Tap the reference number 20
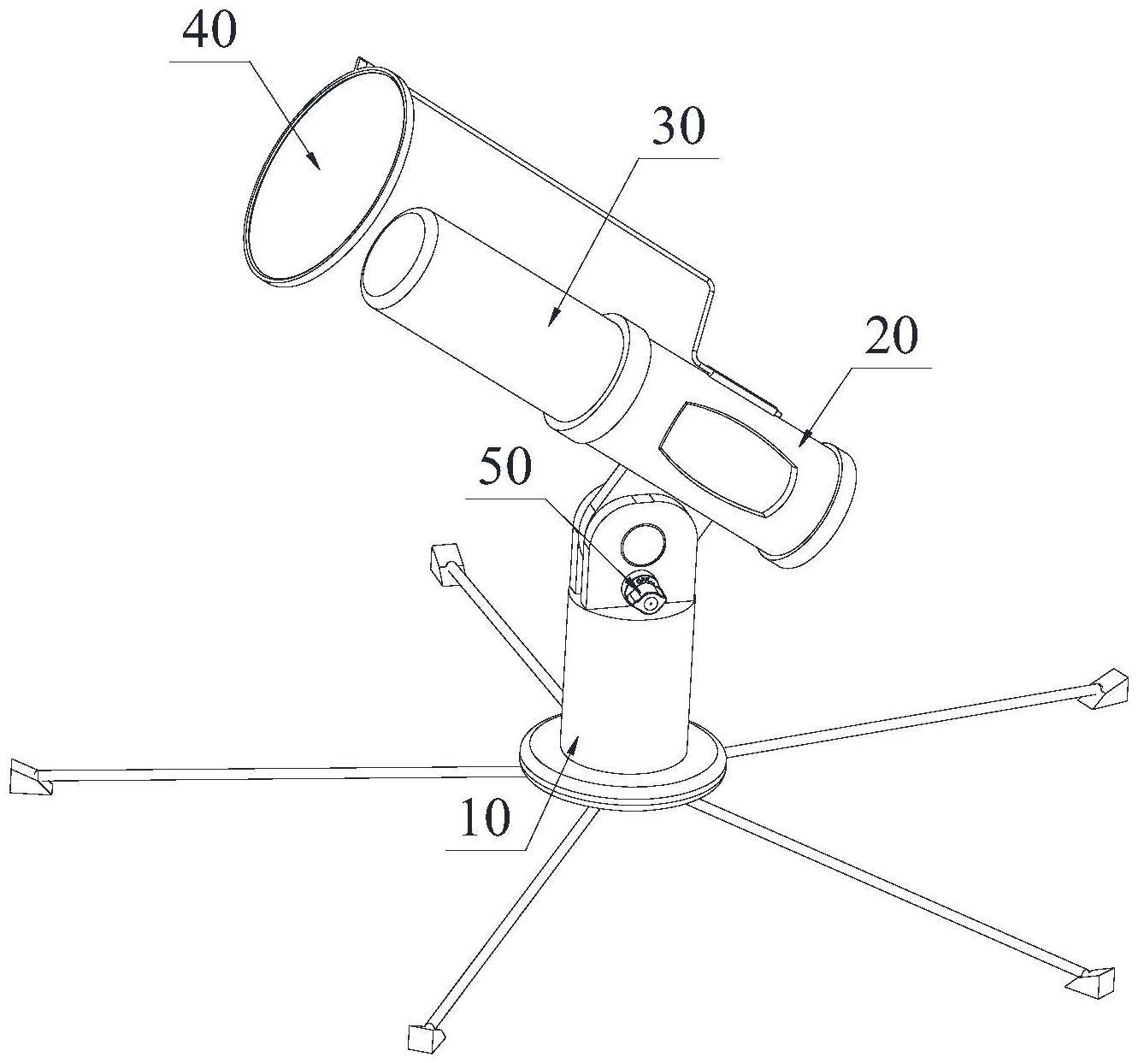(891, 337)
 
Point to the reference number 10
(485, 818)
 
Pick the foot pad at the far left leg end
(29, 779)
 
